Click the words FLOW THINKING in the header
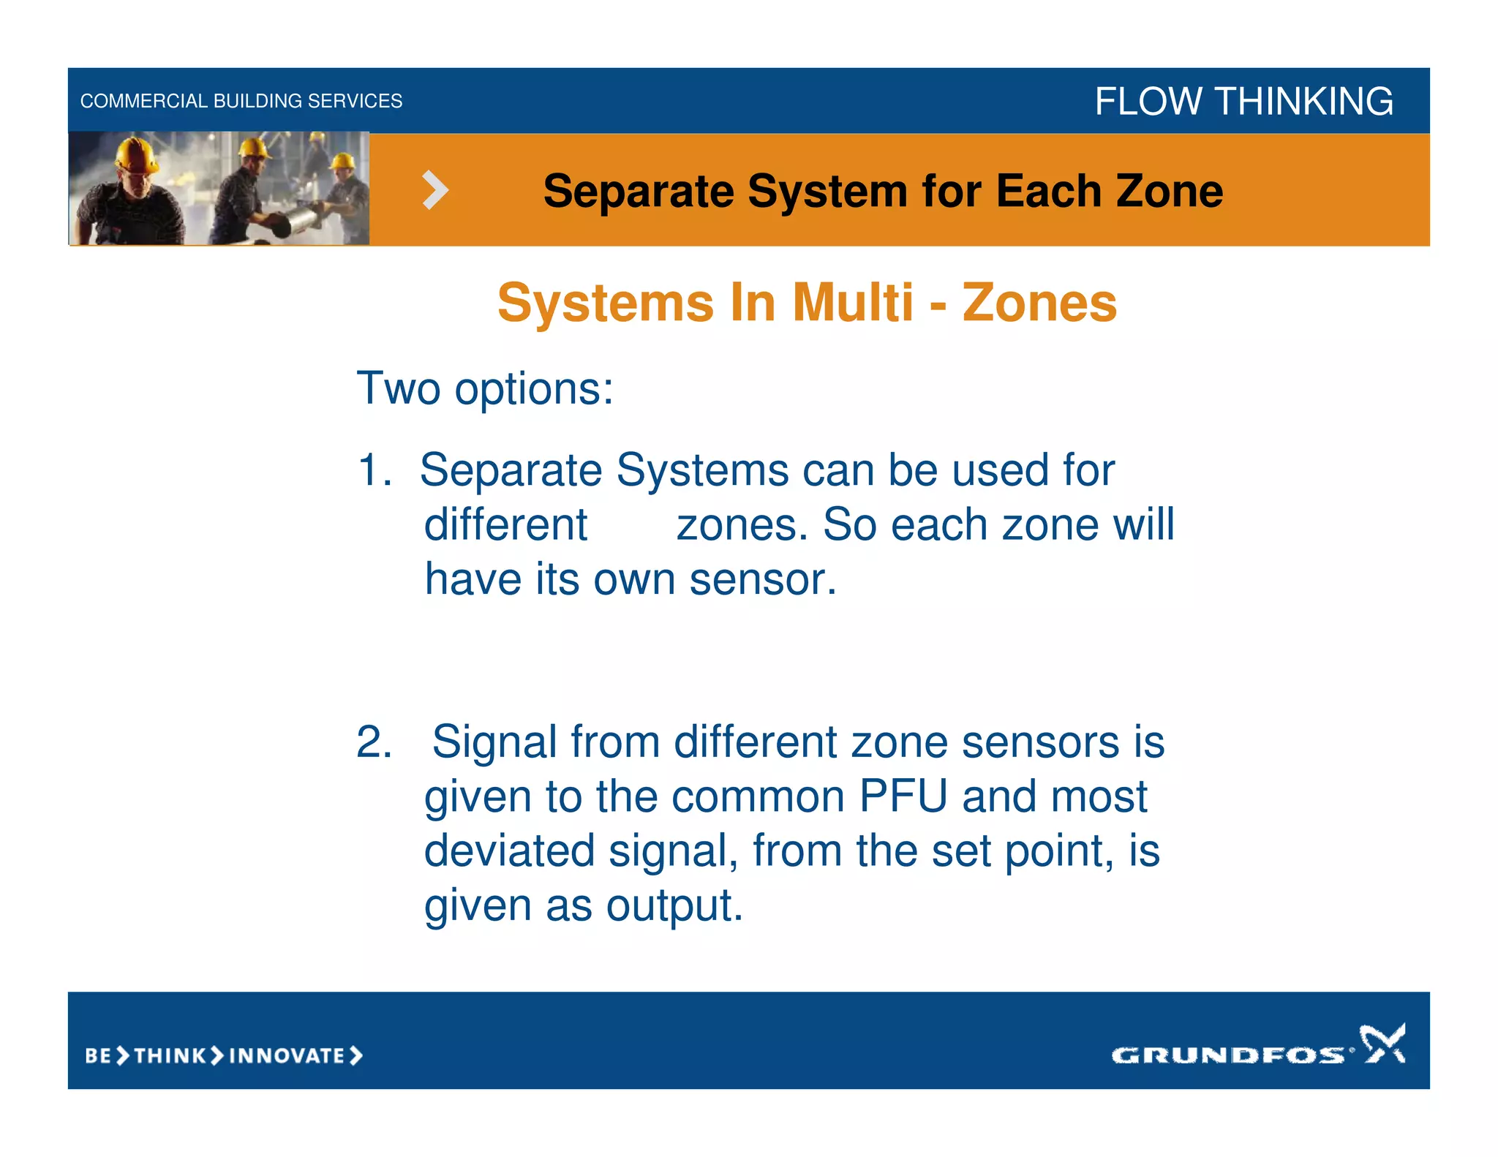tap(1243, 101)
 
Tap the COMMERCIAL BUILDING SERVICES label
tap(241, 101)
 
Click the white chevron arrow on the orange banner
tap(435, 190)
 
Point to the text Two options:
tap(484, 388)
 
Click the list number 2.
tap(373, 742)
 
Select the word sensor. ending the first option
tap(762, 580)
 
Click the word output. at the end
tap(674, 906)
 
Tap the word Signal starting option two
tap(494, 742)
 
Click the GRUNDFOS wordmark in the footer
tap(1227, 1055)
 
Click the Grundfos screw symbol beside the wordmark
tap(1382, 1044)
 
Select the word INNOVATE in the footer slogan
tap(287, 1056)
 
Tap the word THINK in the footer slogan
tap(170, 1056)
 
